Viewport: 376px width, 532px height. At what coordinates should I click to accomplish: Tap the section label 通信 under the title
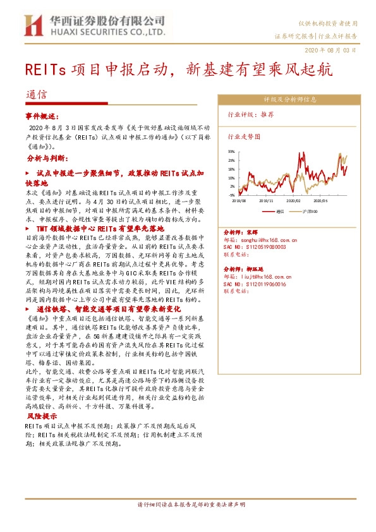[x=37, y=95]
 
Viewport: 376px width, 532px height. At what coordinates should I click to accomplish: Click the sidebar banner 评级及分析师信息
[x=290, y=99]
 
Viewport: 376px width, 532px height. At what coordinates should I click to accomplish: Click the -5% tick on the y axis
[x=231, y=195]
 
